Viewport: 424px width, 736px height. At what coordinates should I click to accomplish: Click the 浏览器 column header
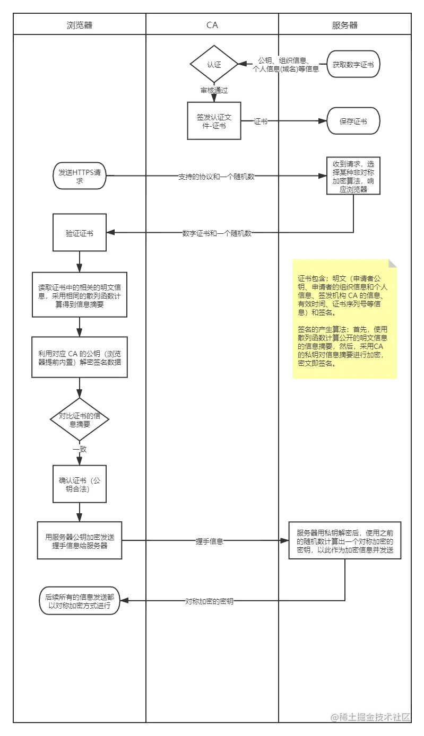click(x=79, y=24)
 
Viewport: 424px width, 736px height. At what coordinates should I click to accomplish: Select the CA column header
click(x=212, y=24)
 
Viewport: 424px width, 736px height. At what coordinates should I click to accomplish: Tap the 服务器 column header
click(x=344, y=24)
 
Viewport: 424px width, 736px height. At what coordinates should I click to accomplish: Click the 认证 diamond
click(x=214, y=65)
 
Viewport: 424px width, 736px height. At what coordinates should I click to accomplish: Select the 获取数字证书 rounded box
click(x=353, y=65)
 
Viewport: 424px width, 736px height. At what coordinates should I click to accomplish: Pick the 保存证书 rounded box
click(x=353, y=121)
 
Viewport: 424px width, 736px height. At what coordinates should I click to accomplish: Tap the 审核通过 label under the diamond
click(x=214, y=91)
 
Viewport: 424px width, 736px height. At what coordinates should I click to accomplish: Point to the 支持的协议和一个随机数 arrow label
click(x=216, y=177)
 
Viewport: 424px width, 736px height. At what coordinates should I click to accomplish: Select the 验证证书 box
click(x=79, y=233)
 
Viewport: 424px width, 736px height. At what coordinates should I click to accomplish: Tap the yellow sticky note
click(x=343, y=320)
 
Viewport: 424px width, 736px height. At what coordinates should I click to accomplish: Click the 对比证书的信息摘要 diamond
click(x=79, y=419)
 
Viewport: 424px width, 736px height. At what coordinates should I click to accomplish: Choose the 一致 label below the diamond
click(x=80, y=449)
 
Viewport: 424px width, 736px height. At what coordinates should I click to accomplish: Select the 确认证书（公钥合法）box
click(x=79, y=485)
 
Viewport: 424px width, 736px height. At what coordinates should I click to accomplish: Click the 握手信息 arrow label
click(x=209, y=541)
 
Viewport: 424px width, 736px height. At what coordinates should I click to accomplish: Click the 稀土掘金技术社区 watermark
click(x=370, y=716)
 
